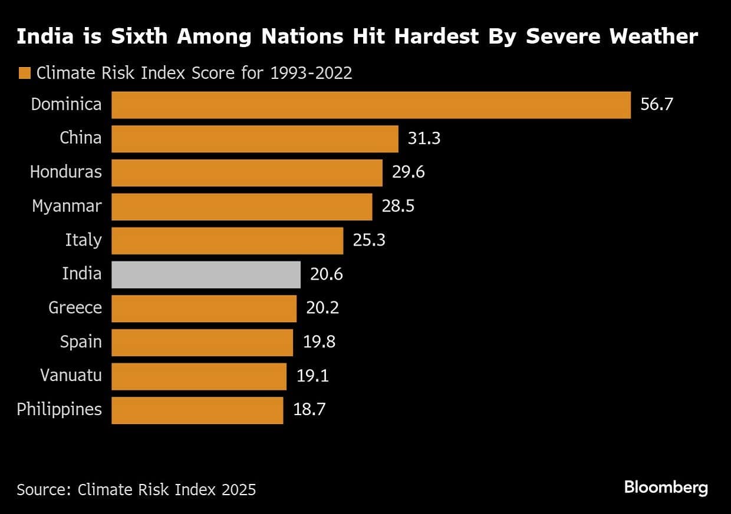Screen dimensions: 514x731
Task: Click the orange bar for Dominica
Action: pos(371,105)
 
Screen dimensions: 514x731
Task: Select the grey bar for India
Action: pos(206,274)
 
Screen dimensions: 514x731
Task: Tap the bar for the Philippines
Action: pos(197,410)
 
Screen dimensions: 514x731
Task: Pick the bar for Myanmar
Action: pos(242,207)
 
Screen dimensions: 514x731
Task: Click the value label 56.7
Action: pos(657,105)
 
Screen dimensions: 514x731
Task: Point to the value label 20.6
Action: pos(327,274)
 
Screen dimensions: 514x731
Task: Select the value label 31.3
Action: pos(424,138)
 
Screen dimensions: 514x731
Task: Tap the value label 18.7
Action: pos(309,410)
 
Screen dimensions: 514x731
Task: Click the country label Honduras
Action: pos(65,172)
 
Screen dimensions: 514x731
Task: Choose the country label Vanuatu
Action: pos(71,376)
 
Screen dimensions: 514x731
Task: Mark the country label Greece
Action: pos(75,308)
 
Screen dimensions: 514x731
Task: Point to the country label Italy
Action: pos(83,240)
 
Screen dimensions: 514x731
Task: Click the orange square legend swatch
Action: pos(24,74)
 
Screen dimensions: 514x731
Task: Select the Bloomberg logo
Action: pos(666,488)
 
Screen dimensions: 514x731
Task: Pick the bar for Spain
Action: pos(202,342)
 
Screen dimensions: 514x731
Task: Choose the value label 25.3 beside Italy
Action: pos(369,240)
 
